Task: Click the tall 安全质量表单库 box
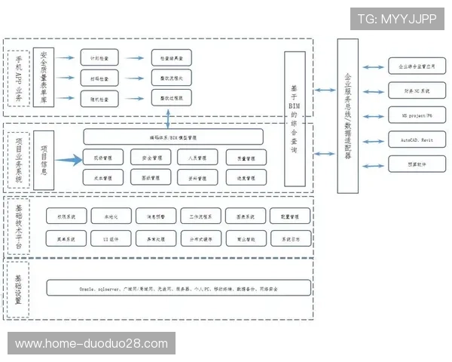pos(44,78)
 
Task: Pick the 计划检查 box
pos(99,58)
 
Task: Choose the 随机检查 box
pos(99,98)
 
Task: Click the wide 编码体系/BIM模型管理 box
pos(173,137)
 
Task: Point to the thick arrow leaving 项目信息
pos(67,159)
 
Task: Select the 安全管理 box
pos(149,158)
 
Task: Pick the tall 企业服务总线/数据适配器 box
pos(347,110)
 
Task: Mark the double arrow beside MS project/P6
pos(373,116)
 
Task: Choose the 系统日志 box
pos(290,240)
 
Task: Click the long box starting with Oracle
pos(179,288)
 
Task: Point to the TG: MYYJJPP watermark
pos(396,19)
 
